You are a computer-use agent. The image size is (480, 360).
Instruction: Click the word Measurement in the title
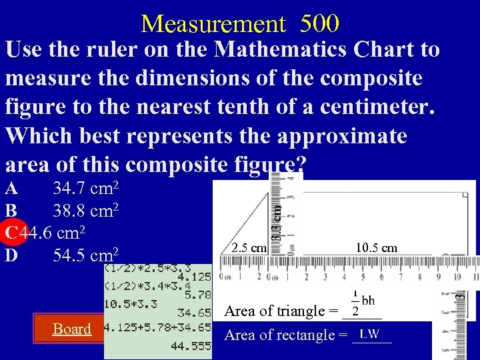(213, 24)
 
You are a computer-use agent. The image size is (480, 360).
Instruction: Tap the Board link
(72, 329)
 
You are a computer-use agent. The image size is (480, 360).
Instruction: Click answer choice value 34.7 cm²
(85, 190)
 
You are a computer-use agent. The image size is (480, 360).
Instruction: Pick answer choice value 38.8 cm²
(85, 211)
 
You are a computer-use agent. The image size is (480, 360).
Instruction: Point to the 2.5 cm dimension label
(249, 249)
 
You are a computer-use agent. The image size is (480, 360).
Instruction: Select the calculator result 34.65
(194, 312)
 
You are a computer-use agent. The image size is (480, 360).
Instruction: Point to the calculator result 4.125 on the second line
(194, 275)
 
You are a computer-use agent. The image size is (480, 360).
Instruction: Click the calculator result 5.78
(197, 293)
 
